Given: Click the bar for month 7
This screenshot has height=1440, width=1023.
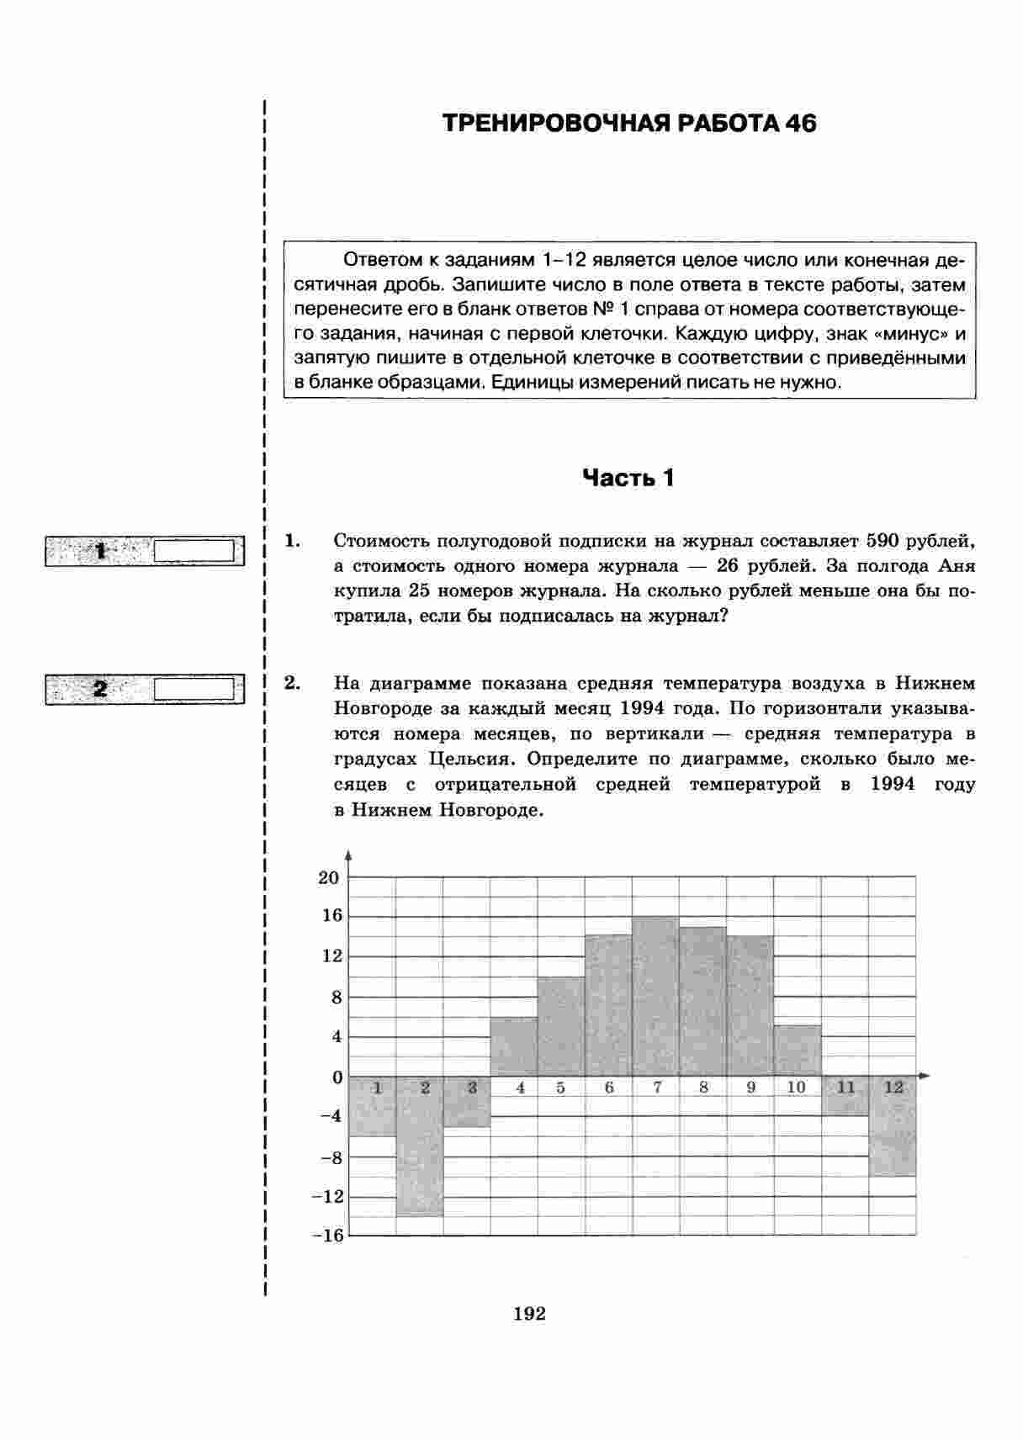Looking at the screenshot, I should (655, 997).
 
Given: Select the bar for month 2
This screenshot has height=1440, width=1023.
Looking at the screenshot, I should (420, 1146).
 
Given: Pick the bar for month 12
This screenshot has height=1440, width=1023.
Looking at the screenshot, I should (893, 1126).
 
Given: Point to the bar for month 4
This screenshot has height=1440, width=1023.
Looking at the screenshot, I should (514, 1047).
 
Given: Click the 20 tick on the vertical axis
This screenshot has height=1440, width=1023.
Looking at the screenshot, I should (328, 877).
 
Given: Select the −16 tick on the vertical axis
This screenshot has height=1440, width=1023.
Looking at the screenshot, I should (327, 1236).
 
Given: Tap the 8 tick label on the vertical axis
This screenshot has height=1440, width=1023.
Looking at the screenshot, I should (337, 998).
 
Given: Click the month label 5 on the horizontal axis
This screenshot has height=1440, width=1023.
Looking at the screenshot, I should (560, 1088).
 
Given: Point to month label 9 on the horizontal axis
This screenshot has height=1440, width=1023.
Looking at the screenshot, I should (751, 1088).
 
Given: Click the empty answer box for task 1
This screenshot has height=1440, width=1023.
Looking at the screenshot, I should (194, 551).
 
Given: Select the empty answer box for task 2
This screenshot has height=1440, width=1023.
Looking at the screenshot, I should (194, 689).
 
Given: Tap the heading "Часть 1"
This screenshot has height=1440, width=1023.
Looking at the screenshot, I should (628, 479).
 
